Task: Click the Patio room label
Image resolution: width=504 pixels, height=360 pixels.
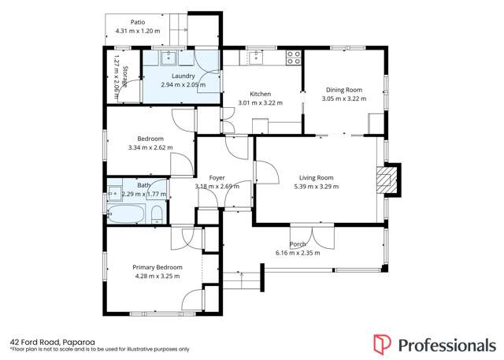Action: coord(138,22)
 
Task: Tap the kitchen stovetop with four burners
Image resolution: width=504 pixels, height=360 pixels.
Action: coord(294,58)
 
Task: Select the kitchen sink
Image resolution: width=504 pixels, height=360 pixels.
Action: coord(256,58)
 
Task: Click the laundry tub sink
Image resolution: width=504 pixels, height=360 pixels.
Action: coord(169,58)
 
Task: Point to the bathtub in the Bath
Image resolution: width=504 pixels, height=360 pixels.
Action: coord(126,213)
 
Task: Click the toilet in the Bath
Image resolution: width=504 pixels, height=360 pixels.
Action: coord(157,214)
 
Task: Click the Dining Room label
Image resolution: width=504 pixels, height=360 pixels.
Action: coord(344,90)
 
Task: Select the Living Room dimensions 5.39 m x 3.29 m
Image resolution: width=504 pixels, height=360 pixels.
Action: coord(317,187)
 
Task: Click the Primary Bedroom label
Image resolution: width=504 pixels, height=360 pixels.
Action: coord(157,267)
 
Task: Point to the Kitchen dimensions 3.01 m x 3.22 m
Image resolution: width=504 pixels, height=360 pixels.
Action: coord(261,103)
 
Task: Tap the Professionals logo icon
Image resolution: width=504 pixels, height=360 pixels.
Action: coord(382,344)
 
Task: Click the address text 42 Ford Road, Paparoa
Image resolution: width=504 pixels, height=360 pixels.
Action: coord(53,343)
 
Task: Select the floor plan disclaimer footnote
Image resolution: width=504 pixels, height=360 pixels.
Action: coord(100,349)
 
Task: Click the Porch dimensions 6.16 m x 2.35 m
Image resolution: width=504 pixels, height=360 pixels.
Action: coord(298,253)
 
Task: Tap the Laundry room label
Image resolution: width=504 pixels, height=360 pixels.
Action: coord(183,76)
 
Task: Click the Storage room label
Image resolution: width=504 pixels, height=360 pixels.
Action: coord(125,77)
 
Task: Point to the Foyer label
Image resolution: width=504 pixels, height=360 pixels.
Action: coord(217,178)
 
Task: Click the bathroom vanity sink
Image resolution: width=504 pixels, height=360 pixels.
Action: coord(115,194)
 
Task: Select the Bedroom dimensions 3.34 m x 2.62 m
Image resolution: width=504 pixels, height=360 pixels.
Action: coord(150,148)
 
